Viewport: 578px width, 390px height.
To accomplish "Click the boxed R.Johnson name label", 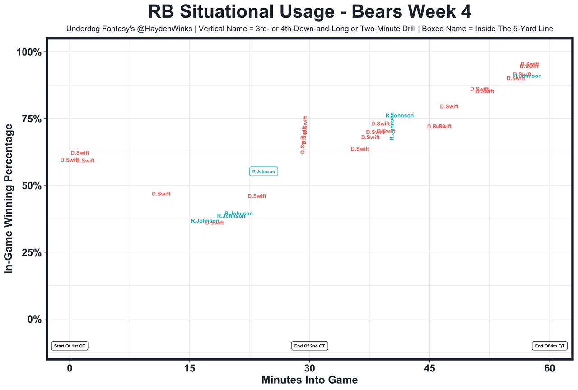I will tap(263, 171).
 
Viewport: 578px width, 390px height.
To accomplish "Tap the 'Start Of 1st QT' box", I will tap(70, 346).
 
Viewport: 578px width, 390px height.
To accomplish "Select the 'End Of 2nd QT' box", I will tap(310, 346).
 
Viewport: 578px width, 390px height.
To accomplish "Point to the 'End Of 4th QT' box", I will tap(550, 346).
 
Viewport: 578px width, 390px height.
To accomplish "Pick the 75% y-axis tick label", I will tap(32, 119).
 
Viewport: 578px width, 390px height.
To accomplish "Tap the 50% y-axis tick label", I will tap(32, 186).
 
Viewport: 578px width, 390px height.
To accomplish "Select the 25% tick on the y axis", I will tap(32, 252).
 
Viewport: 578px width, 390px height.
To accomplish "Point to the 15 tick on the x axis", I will tap(190, 369).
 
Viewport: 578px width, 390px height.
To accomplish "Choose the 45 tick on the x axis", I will tap(429, 369).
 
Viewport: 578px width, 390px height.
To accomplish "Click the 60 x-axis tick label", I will tap(550, 369).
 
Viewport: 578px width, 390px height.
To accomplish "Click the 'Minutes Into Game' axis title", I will tap(309, 380).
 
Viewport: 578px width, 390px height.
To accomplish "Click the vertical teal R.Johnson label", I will tap(392, 126).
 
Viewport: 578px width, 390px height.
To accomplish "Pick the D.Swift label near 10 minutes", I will tap(161, 194).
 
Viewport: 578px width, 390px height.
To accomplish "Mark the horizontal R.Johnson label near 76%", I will tap(400, 116).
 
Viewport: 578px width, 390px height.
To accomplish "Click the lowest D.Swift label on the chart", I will tap(214, 223).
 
